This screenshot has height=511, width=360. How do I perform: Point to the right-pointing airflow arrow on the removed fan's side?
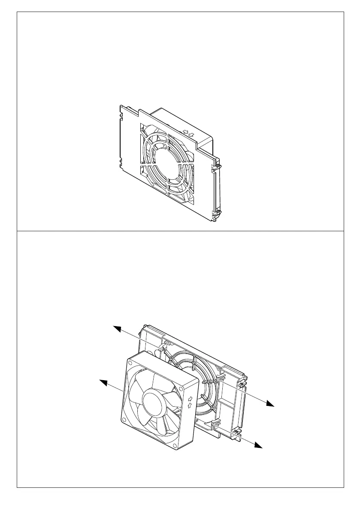pos(190,398)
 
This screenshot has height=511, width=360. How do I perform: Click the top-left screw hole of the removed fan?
pos(130,363)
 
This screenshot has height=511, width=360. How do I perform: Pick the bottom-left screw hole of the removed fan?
pos(124,420)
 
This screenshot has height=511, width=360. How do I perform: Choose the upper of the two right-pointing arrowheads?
pos(270,404)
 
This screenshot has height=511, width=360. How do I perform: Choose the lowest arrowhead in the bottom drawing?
pos(258,446)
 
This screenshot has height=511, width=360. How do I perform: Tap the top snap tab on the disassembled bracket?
pos(162,347)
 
